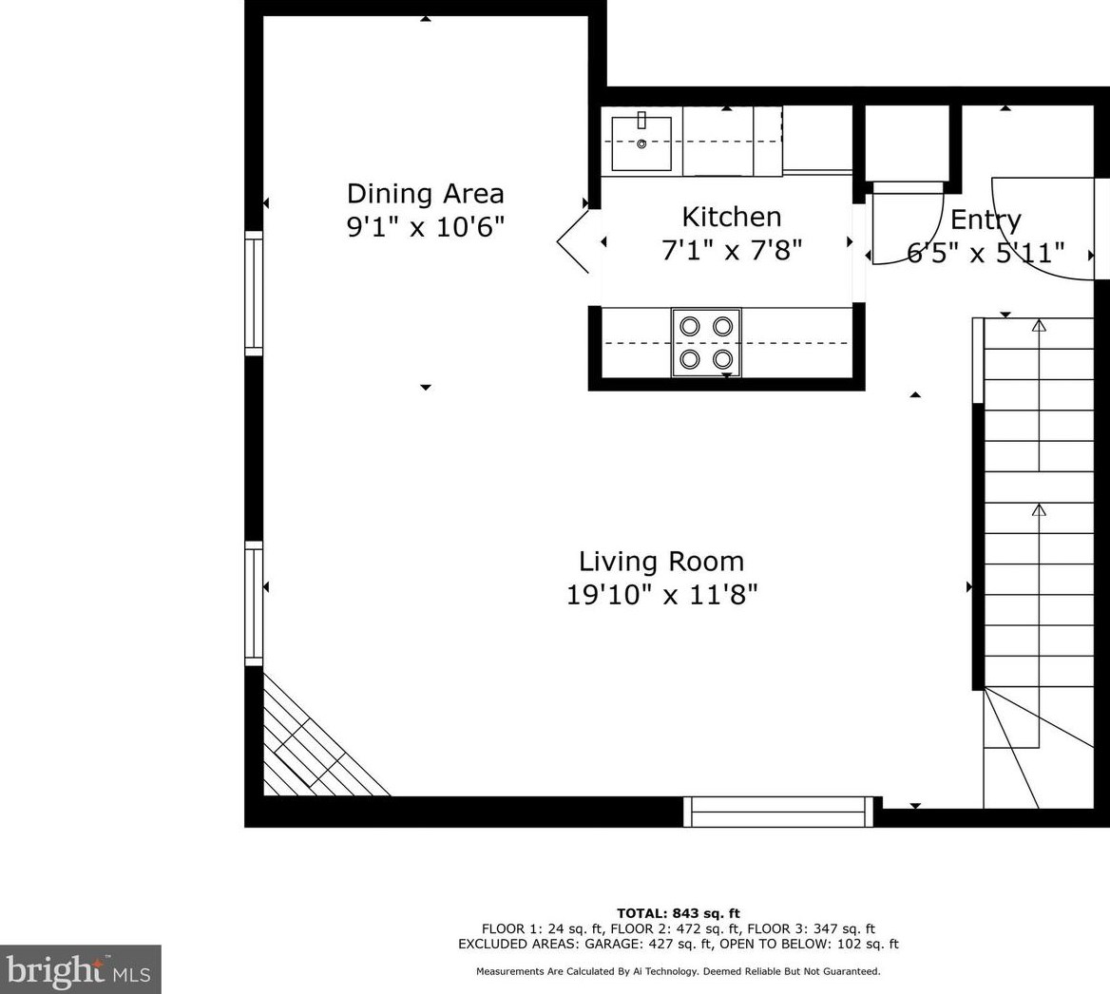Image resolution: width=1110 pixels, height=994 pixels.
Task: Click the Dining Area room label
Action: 426,193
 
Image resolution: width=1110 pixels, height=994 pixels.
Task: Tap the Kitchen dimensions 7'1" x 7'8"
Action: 732,250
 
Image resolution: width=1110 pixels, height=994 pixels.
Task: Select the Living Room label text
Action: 661,562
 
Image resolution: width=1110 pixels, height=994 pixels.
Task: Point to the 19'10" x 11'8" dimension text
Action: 661,594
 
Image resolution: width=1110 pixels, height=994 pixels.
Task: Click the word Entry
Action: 986,220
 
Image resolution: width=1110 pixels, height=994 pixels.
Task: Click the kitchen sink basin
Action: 641,143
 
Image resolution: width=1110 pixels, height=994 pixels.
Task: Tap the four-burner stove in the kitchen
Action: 706,343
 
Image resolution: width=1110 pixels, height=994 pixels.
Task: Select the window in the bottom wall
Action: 778,812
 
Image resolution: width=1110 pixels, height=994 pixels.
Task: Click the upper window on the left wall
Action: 254,293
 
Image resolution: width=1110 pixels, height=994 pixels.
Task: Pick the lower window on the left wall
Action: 254,603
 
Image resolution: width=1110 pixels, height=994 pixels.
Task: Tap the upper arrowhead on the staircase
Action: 1039,325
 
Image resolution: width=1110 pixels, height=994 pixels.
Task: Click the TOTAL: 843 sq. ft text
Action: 679,913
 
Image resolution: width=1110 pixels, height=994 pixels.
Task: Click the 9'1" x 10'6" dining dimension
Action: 426,227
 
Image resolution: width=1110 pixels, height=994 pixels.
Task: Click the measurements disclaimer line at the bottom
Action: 679,971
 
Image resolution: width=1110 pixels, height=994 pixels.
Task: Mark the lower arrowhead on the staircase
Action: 1039,509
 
